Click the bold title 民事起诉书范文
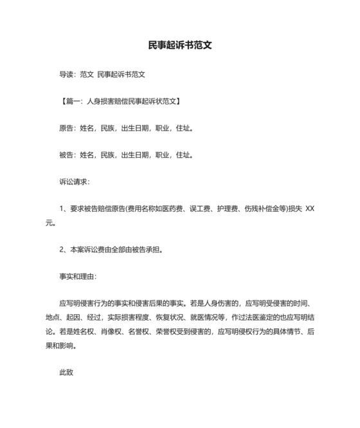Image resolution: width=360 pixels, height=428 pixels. coord(179,46)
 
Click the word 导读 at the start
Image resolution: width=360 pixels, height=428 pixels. coord(67,75)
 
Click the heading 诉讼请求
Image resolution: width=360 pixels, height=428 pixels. coord(73,181)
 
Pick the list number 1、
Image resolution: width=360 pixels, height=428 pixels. coord(63,209)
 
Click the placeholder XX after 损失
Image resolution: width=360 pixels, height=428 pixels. coord(310,209)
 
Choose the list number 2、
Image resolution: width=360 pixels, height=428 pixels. coord(63,249)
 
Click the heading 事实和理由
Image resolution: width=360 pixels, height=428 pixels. coord(76,276)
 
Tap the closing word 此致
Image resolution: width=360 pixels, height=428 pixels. coord(67,371)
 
